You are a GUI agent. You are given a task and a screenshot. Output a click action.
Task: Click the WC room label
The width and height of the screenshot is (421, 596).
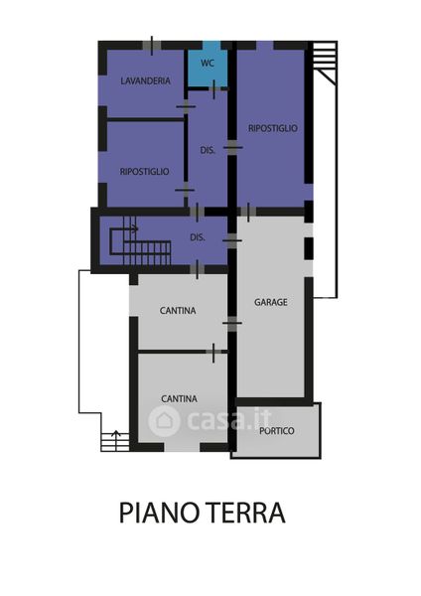(x=208, y=63)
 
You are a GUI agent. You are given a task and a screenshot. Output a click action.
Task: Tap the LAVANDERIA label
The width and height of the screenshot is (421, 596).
(x=146, y=80)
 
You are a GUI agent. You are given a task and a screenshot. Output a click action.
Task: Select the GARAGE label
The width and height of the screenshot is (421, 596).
(x=270, y=302)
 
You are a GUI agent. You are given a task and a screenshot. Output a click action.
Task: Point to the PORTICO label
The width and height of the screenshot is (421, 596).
(x=277, y=431)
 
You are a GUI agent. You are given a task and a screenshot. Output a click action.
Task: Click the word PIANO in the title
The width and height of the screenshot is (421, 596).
(x=159, y=513)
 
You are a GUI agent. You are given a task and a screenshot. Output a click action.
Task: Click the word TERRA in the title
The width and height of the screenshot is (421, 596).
(x=247, y=513)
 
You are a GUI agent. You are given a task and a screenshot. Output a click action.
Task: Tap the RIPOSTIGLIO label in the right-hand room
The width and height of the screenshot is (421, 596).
(x=273, y=128)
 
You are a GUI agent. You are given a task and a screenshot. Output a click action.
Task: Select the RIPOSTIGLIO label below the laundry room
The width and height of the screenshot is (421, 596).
(x=144, y=172)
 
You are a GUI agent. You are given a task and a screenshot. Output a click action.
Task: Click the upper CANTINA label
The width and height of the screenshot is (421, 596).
(x=178, y=311)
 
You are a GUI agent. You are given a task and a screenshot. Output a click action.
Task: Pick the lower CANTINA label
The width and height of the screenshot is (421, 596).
(x=179, y=398)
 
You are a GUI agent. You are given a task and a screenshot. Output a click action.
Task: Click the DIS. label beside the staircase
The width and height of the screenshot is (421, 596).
(x=198, y=237)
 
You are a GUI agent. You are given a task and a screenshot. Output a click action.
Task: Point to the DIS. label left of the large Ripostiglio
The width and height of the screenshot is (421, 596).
(x=208, y=150)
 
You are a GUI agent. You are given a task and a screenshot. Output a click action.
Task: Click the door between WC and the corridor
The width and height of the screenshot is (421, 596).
(x=213, y=89)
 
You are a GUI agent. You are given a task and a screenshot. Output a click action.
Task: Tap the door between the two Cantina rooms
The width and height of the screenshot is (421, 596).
(x=213, y=353)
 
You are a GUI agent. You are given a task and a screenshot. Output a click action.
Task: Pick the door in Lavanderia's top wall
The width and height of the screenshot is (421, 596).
(x=152, y=46)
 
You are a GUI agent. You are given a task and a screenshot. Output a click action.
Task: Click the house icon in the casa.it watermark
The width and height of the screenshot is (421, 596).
(x=164, y=421)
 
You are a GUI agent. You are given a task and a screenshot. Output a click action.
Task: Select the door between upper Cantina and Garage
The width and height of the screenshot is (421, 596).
(x=232, y=324)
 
